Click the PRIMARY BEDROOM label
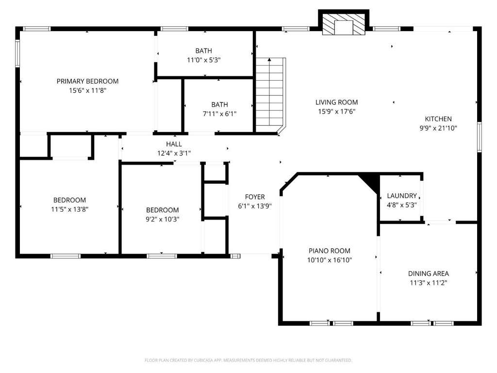[87, 81]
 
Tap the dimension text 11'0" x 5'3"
[204, 60]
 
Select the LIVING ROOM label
[337, 102]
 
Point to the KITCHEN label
[438, 119]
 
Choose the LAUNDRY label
[401, 196]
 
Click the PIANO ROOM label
[330, 251]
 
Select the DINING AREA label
[429, 273]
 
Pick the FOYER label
[255, 197]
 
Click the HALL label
[174, 144]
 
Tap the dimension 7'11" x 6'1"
[220, 114]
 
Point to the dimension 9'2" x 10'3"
[163, 219]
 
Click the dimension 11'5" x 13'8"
[70, 209]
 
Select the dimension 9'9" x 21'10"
[438, 128]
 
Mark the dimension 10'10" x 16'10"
[330, 260]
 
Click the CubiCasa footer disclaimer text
[248, 360]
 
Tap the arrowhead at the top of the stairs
[269, 59]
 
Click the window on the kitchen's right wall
[480, 137]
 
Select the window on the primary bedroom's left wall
[18, 53]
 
